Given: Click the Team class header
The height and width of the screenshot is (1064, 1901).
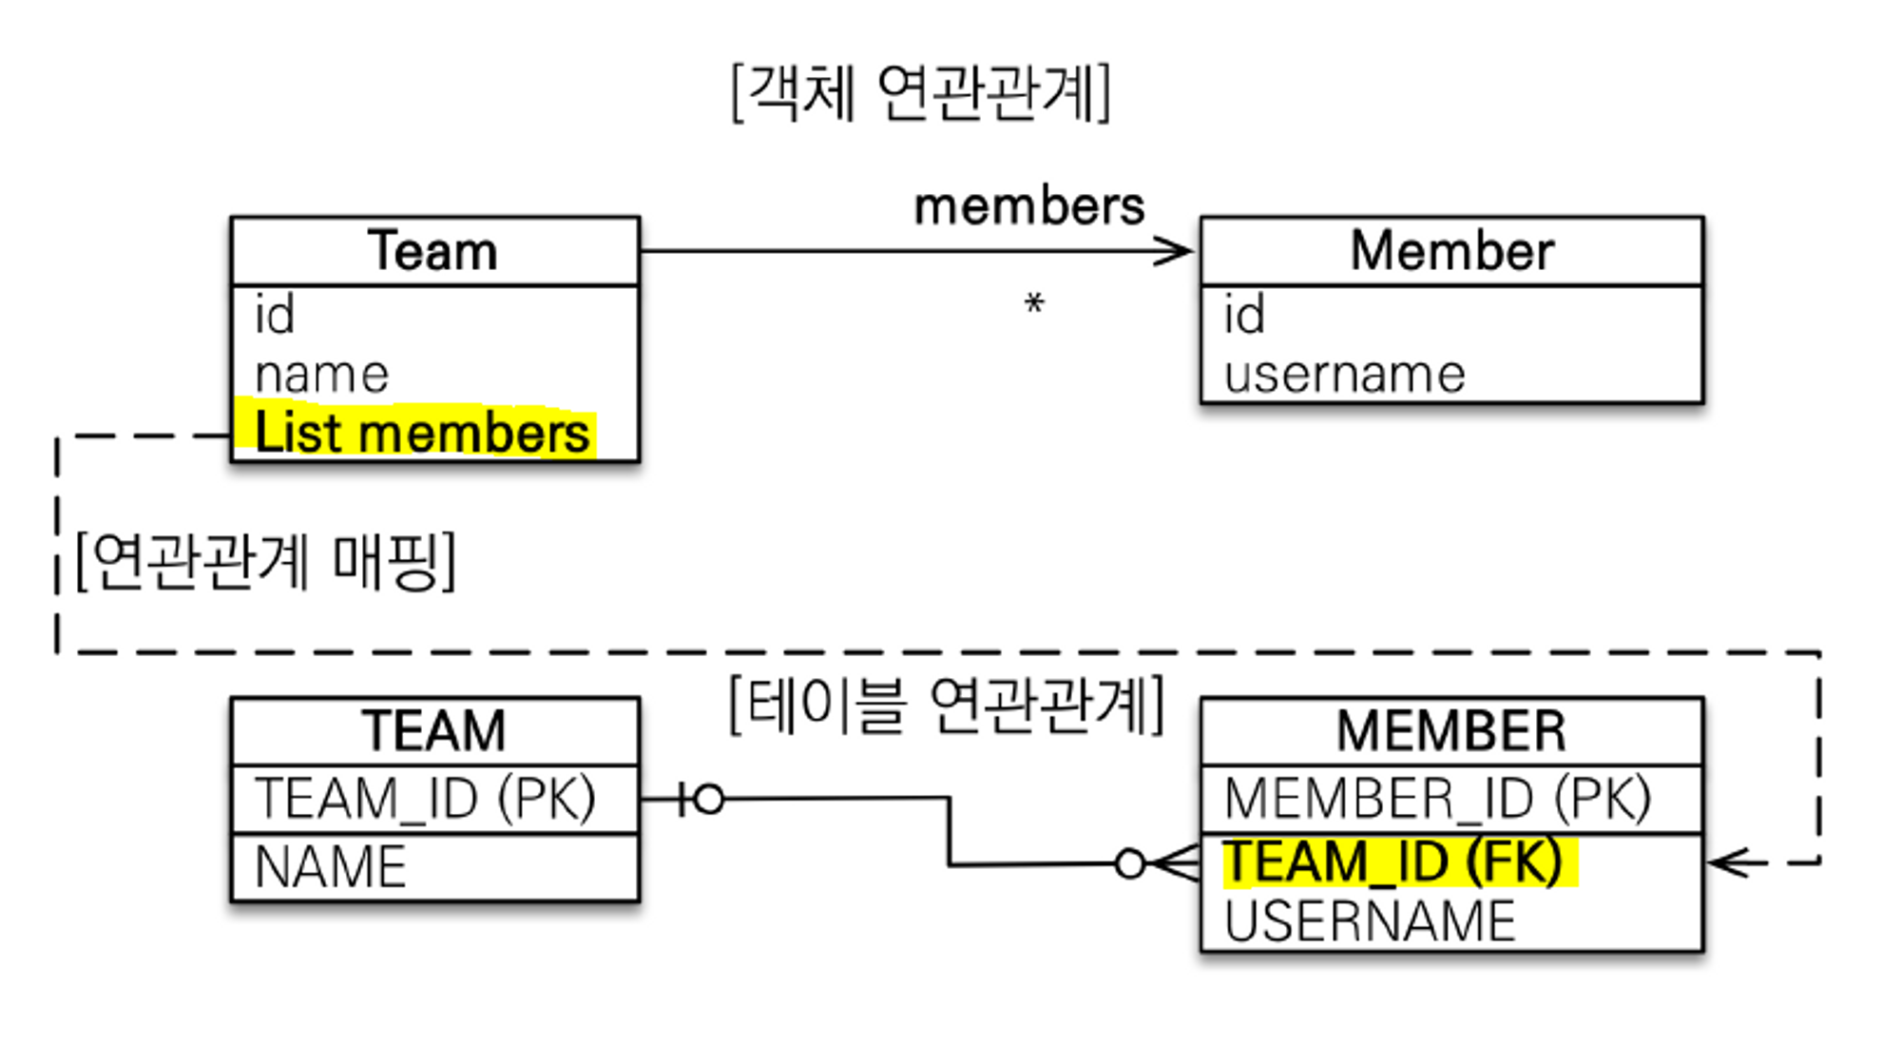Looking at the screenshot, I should click(433, 251).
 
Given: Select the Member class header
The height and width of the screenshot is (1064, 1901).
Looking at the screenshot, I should click(1451, 251).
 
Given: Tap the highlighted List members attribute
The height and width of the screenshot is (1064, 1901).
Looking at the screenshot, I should click(422, 434).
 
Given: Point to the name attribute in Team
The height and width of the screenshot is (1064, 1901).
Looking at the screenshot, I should click(322, 375).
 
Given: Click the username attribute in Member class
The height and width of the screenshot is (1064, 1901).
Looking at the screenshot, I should click(1344, 375).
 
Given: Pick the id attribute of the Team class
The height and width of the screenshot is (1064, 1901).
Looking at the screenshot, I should click(275, 315).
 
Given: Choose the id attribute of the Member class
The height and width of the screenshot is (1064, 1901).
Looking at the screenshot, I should click(1244, 315).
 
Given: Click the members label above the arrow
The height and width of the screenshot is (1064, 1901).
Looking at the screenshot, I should click(1029, 206).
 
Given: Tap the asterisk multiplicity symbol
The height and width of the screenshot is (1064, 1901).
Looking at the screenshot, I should click(1034, 304).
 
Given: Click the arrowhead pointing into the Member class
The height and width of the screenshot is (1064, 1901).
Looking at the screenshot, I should click(1176, 252).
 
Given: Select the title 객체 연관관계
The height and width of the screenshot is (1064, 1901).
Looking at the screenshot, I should click(921, 93).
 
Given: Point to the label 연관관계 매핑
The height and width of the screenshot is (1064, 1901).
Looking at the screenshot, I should click(265, 561).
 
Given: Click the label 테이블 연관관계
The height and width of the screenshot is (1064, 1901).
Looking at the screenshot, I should click(947, 706).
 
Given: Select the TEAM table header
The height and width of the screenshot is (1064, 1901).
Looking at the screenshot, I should click(433, 731).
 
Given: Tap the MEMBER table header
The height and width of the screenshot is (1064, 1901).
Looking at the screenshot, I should click(1451, 731).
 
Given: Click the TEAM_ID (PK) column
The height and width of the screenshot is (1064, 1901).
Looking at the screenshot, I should click(425, 799).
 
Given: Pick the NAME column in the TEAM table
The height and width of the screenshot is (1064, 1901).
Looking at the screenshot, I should click(331, 867).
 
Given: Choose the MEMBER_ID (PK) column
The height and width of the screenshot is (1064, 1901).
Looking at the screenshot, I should click(1437, 799).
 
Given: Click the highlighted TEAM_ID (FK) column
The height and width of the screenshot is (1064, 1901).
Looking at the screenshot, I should click(1393, 862).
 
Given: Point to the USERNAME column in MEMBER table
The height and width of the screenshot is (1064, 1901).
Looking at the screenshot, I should click(1370, 921).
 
